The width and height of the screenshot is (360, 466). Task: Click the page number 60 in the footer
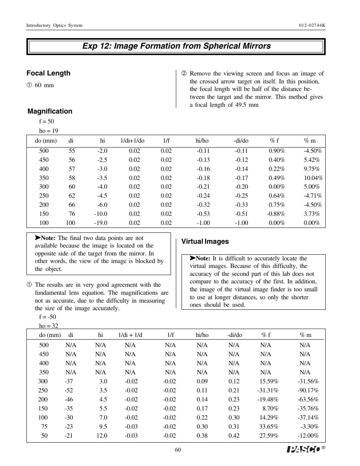178,450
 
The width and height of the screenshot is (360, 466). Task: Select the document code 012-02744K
312,25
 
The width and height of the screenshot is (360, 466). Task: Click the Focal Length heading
48,73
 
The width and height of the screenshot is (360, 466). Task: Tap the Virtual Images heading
205,241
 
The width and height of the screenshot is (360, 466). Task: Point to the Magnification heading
50,111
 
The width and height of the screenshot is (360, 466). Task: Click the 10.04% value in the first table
313,178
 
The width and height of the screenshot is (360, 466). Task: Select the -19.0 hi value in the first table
101,223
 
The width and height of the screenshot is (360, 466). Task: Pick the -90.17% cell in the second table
308,390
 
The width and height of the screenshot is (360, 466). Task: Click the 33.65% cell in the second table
269,426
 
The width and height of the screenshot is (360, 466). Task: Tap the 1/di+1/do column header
132,141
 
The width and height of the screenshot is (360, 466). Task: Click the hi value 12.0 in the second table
102,435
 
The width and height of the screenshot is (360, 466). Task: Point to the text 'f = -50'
48,317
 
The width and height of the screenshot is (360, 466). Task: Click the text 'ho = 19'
49,131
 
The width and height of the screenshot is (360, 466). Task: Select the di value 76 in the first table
72,214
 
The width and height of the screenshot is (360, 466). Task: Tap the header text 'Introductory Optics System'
54,25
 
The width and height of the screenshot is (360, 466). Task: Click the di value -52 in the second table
69,390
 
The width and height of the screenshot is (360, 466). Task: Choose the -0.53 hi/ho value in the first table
203,214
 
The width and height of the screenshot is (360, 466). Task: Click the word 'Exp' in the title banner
90,46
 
